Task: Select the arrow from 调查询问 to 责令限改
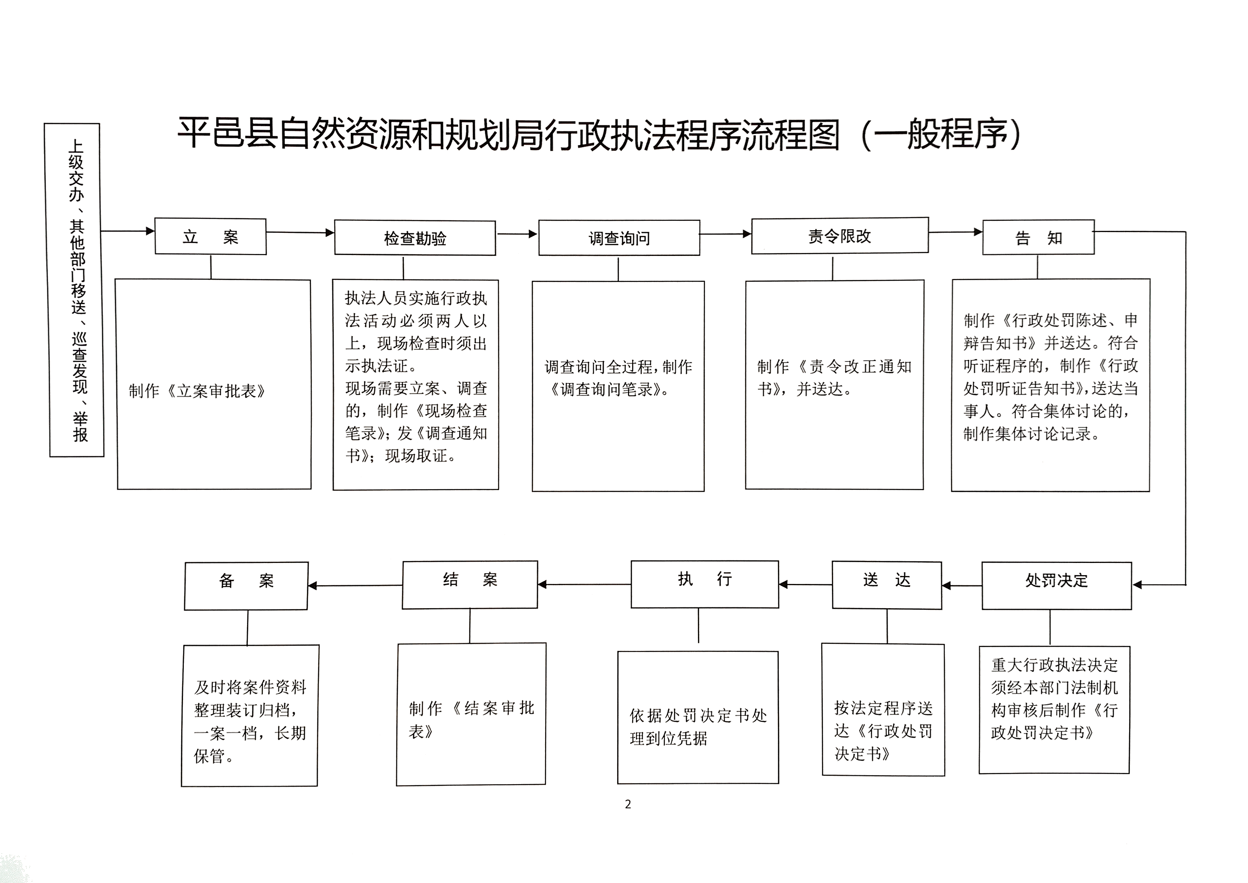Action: pos(726,234)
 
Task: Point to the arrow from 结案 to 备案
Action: pos(355,586)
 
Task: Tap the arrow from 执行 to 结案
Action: pos(584,584)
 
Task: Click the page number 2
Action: pos(628,804)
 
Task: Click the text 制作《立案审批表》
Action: pos(197,391)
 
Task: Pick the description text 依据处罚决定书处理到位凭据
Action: pos(698,726)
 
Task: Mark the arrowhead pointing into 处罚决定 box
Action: pos(1137,585)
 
